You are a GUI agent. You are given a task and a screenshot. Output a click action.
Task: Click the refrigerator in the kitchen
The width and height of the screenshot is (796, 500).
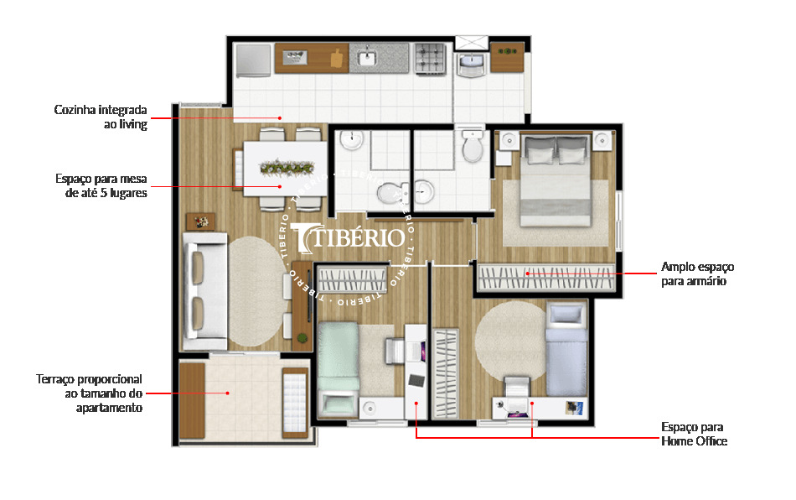[252, 59]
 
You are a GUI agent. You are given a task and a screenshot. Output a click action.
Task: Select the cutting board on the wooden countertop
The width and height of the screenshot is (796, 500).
[337, 58]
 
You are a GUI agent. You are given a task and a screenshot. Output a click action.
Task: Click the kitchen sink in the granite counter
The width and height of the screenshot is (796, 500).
[368, 58]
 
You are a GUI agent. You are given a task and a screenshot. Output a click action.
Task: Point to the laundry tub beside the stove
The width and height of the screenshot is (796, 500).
[471, 62]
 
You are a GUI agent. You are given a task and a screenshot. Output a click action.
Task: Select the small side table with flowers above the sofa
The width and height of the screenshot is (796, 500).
[201, 221]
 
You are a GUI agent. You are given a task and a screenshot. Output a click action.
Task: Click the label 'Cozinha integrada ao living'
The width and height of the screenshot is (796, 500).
[101, 117]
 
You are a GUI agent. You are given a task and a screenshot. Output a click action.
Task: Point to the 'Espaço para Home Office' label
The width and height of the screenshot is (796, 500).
[693, 434]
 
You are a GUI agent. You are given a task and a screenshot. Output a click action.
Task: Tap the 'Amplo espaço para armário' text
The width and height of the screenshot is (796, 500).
[697, 273]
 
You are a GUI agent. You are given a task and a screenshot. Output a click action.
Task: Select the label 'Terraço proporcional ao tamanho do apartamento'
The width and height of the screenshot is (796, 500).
[90, 393]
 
